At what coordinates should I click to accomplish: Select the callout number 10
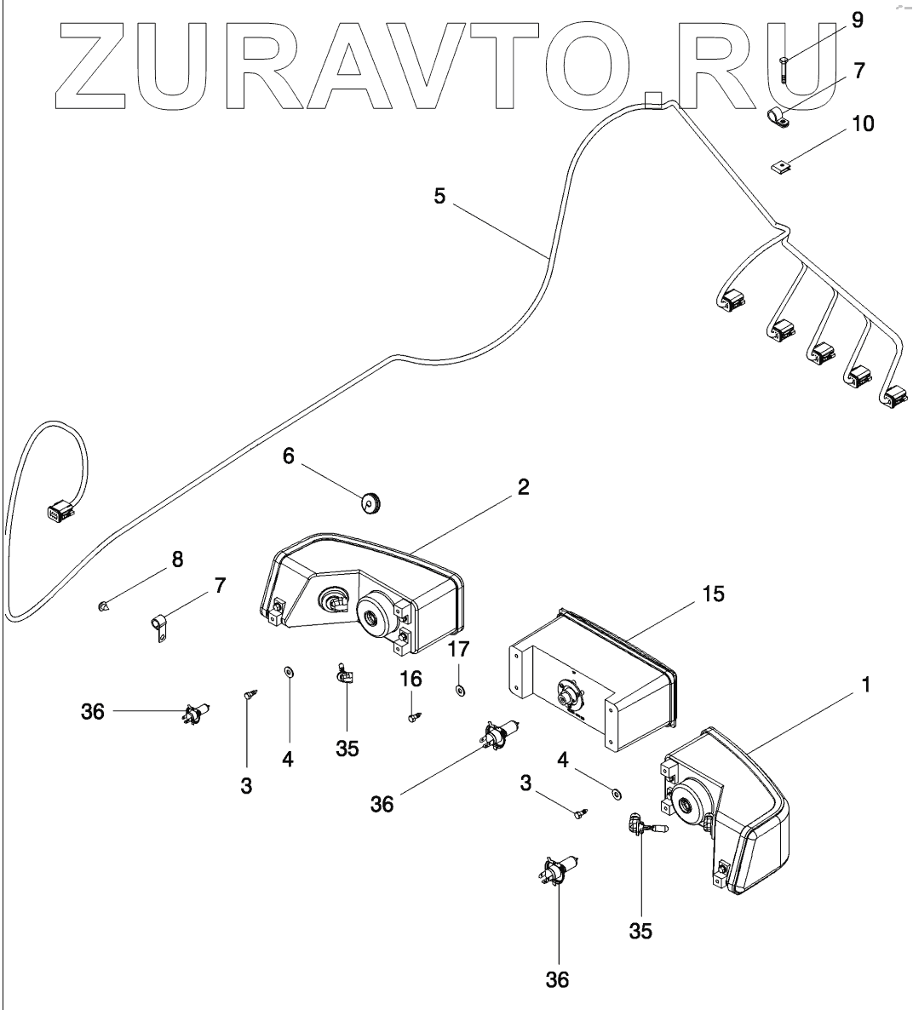tap(862, 123)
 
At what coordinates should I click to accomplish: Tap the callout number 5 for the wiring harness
tap(439, 196)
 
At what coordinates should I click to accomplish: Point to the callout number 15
tap(714, 594)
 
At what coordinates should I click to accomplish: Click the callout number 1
tap(865, 683)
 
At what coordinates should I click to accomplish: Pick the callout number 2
tap(523, 487)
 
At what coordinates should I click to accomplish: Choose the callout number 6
tap(289, 456)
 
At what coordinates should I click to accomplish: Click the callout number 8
tap(177, 560)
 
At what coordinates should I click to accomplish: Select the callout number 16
tap(411, 679)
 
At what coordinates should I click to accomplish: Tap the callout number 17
tap(458, 650)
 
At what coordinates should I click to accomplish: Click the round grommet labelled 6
tap(371, 503)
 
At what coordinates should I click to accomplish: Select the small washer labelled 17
tap(460, 688)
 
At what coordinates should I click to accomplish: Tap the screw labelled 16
tap(412, 717)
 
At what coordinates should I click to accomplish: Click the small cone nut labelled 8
tap(103, 606)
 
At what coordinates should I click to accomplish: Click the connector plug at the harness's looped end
tap(57, 514)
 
